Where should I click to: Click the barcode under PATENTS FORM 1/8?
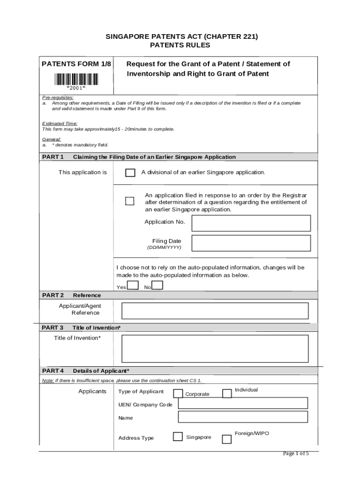[x=76, y=80]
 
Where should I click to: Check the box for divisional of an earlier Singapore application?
[x=130, y=173]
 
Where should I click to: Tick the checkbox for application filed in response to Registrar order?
[x=130, y=201]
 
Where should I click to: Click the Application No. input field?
[x=251, y=223]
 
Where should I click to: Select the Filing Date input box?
[x=251, y=243]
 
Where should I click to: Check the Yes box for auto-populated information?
[x=133, y=285]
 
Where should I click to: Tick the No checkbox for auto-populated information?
[x=158, y=285]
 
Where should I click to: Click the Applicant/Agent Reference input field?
[x=215, y=311]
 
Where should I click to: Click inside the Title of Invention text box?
[x=215, y=348]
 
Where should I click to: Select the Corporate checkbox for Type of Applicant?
[x=178, y=393]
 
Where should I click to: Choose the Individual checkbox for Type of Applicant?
[x=227, y=393]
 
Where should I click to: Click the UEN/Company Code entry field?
[x=243, y=403]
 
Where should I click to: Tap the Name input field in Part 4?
[x=243, y=417]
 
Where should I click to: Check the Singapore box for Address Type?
[x=178, y=436]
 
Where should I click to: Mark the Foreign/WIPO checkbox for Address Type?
[x=226, y=439]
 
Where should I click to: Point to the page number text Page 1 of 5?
[x=296, y=453]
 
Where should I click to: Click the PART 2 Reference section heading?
[x=72, y=295]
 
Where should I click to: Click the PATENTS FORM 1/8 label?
[x=77, y=64]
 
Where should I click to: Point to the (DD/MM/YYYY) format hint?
[x=164, y=247]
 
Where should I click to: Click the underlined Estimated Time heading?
[x=60, y=123]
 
